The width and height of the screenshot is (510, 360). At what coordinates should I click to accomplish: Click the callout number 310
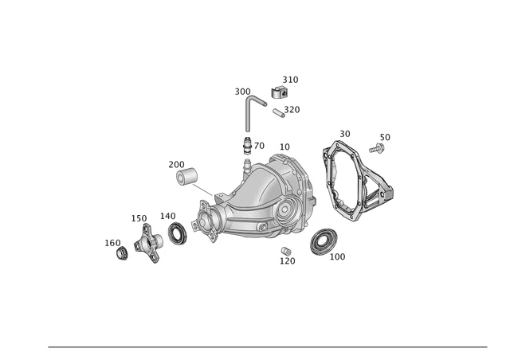click(x=290, y=80)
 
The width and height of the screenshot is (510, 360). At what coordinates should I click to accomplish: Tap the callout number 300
click(x=242, y=92)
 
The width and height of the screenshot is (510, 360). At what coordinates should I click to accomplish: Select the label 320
click(x=292, y=110)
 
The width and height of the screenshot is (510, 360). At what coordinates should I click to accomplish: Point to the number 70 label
click(x=259, y=146)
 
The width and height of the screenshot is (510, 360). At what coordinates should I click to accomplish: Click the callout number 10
click(x=284, y=147)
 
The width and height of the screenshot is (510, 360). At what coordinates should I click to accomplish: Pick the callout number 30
click(x=344, y=134)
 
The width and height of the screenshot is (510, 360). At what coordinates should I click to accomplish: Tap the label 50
click(x=385, y=137)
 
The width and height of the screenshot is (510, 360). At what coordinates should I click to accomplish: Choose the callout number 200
click(x=176, y=165)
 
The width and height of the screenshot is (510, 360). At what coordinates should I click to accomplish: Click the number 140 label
click(x=167, y=216)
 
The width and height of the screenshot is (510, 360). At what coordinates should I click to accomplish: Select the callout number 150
click(x=139, y=218)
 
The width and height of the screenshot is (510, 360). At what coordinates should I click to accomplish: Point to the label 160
click(x=112, y=243)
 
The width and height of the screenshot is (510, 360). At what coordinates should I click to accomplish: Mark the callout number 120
click(x=287, y=261)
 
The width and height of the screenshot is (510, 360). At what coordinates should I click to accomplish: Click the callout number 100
click(x=337, y=257)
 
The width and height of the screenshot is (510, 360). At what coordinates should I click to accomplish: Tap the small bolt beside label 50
click(x=377, y=147)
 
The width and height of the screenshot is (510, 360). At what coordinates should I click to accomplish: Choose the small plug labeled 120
click(x=284, y=252)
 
